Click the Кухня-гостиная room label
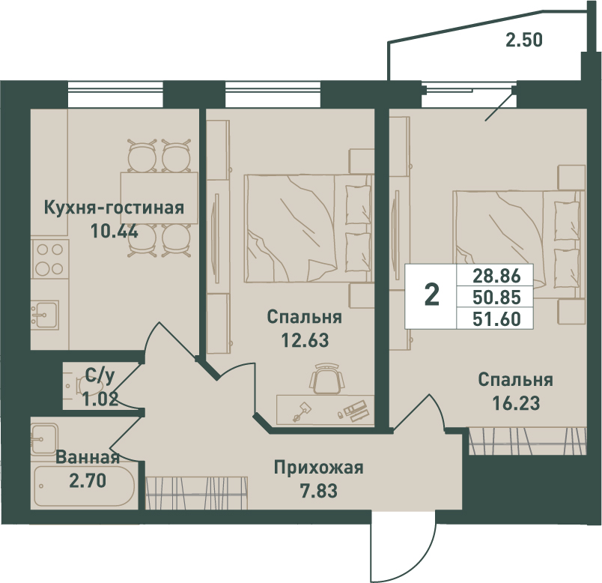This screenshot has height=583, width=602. pos(115,208)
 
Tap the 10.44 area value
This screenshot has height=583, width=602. pos(115,231)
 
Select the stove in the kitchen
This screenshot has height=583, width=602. pos(50,259)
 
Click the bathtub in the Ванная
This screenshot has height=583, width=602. pos(85,486)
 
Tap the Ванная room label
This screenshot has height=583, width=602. pos(88,458)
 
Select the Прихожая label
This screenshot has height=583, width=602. pos(319,468)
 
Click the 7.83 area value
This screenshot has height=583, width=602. pos(319,491)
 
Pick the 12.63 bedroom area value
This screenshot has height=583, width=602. pos(305,340)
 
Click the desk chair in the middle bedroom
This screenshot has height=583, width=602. pos(327,378)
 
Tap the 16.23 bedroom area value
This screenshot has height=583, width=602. pos(516,403)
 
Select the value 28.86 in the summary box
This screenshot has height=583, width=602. pos(496,276)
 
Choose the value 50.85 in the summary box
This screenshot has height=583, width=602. pos(496,297)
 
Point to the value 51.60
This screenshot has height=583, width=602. pos(496,318)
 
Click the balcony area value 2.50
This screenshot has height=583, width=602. pos(524,40)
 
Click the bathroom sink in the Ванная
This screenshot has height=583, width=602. pos(44,439)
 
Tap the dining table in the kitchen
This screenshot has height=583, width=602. pos(159,198)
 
